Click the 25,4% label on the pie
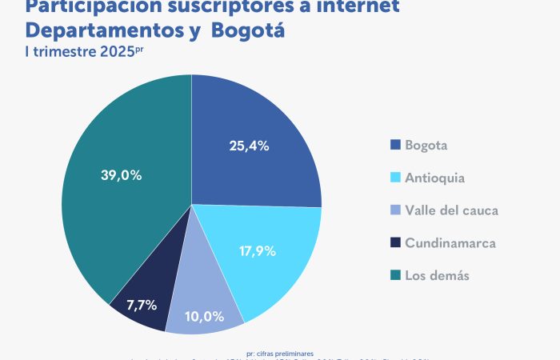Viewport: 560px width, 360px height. [x=248, y=146]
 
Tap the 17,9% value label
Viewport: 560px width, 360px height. [x=258, y=250]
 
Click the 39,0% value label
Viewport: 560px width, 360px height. [x=122, y=175]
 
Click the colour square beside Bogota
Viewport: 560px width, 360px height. [x=394, y=146]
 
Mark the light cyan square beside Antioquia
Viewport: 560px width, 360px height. [x=394, y=178]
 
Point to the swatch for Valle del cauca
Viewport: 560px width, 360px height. [x=394, y=210]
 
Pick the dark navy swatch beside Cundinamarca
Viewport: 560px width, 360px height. [x=394, y=242]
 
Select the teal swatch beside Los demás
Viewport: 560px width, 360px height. [x=394, y=275]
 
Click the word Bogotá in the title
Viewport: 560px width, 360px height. [x=247, y=31]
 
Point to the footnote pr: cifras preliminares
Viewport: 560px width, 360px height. [x=280, y=352]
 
